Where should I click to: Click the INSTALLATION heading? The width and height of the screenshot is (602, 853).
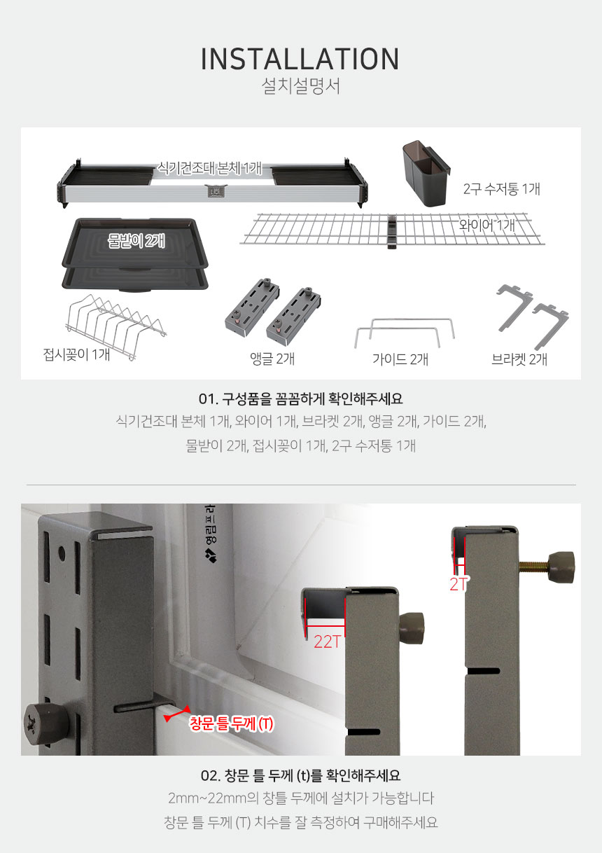pyautogui.click(x=300, y=60)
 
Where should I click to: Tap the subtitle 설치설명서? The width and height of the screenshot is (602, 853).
pyautogui.click(x=300, y=87)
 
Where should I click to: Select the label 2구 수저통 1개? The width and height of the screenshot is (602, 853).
pyautogui.click(x=501, y=189)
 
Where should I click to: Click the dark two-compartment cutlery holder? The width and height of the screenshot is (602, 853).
pyautogui.click(x=426, y=173)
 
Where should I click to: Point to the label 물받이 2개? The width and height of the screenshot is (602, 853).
pyautogui.click(x=136, y=241)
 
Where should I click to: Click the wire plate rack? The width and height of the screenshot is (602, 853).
pyautogui.click(x=116, y=327)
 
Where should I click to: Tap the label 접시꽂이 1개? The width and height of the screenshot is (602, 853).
pyautogui.click(x=76, y=354)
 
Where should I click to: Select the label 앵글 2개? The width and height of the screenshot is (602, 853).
pyautogui.click(x=272, y=359)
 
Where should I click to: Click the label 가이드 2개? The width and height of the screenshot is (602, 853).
pyautogui.click(x=400, y=359)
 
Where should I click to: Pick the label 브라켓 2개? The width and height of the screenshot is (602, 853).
pyautogui.click(x=519, y=359)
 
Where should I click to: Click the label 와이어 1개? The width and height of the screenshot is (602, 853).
pyautogui.click(x=486, y=225)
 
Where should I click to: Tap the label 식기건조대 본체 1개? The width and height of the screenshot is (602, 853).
pyautogui.click(x=210, y=167)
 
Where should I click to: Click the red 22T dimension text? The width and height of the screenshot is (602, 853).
pyautogui.click(x=328, y=642)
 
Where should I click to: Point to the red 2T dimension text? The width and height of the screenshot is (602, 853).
pyautogui.click(x=458, y=584)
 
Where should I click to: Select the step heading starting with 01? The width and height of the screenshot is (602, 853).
pyautogui.click(x=300, y=398)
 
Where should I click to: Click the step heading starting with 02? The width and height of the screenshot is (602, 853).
pyautogui.click(x=300, y=775)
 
